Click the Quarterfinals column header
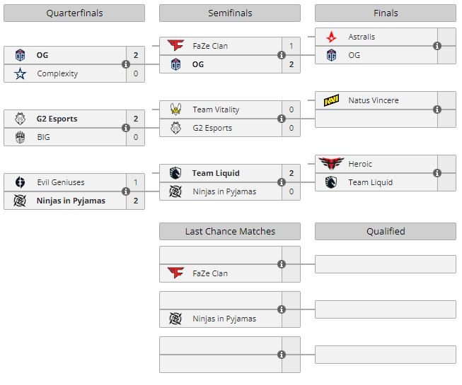click(74, 13)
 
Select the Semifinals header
click(229, 13)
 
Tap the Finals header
click(385, 13)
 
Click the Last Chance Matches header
click(229, 231)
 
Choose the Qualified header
click(385, 231)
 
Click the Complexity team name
click(57, 73)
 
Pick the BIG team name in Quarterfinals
click(43, 137)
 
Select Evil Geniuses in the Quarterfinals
click(60, 182)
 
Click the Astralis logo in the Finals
click(331, 37)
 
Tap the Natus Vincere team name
click(373, 100)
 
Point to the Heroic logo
click(330, 164)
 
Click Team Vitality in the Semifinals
click(216, 109)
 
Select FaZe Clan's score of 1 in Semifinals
click(291, 46)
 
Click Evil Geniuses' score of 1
click(136, 182)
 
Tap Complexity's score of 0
click(136, 73)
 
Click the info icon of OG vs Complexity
click(126, 64)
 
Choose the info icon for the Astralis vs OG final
click(437, 46)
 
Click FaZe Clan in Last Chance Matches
click(209, 273)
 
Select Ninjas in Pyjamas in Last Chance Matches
click(224, 319)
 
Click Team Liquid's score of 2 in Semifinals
click(291, 173)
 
